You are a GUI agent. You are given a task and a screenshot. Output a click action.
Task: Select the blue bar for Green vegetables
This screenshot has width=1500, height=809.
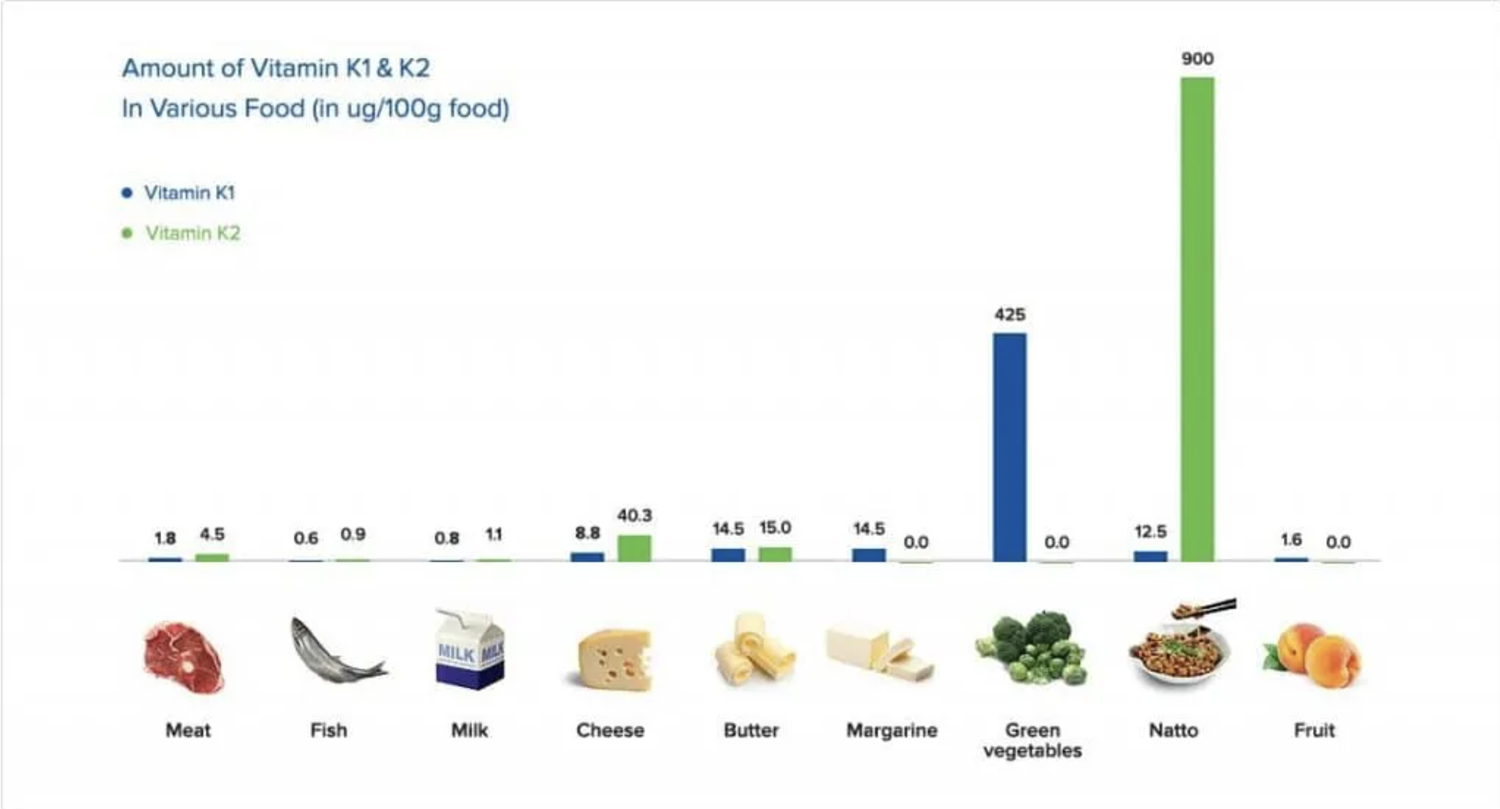[1009, 447]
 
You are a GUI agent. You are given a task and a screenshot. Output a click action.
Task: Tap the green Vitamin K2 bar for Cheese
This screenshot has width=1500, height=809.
[633, 548]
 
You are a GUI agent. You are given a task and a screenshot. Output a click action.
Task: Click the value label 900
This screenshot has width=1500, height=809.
[1197, 59]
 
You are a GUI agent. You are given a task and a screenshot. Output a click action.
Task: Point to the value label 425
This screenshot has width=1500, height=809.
[1009, 315]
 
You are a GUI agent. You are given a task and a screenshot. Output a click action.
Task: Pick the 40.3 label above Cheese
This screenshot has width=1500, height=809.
[633, 516]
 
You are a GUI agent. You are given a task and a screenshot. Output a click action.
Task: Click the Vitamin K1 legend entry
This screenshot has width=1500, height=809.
[189, 192]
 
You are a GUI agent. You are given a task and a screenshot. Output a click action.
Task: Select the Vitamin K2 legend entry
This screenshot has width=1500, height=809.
[192, 233]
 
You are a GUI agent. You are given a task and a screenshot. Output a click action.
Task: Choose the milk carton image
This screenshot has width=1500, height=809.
[470, 649]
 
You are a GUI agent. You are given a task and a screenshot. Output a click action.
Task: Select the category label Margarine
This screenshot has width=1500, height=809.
[892, 730]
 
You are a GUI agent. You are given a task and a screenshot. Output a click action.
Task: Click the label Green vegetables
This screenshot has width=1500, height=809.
[1032, 739]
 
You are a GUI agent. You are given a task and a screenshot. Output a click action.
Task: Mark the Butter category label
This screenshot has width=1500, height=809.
[751, 730]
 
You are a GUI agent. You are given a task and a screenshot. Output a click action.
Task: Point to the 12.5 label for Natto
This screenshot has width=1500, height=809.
[1150, 532]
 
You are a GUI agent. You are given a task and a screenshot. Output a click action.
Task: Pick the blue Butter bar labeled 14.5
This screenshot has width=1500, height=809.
[727, 555]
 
